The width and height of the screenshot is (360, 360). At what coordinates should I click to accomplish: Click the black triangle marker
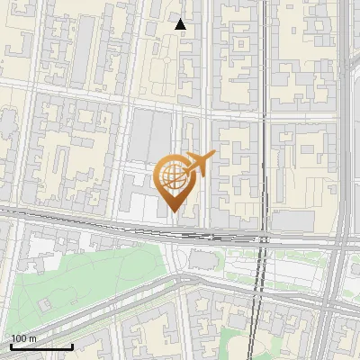point(181,24)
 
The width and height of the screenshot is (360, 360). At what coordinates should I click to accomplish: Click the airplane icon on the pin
point(199,163)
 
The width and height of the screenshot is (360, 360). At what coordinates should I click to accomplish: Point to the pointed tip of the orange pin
point(175,211)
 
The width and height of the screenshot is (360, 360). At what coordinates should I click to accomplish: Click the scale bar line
point(40,346)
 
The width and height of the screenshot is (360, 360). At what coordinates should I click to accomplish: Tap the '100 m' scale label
point(24,338)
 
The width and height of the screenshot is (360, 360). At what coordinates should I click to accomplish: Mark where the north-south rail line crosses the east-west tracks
point(265,238)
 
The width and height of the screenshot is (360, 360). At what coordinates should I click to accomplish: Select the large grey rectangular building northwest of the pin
point(149,139)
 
